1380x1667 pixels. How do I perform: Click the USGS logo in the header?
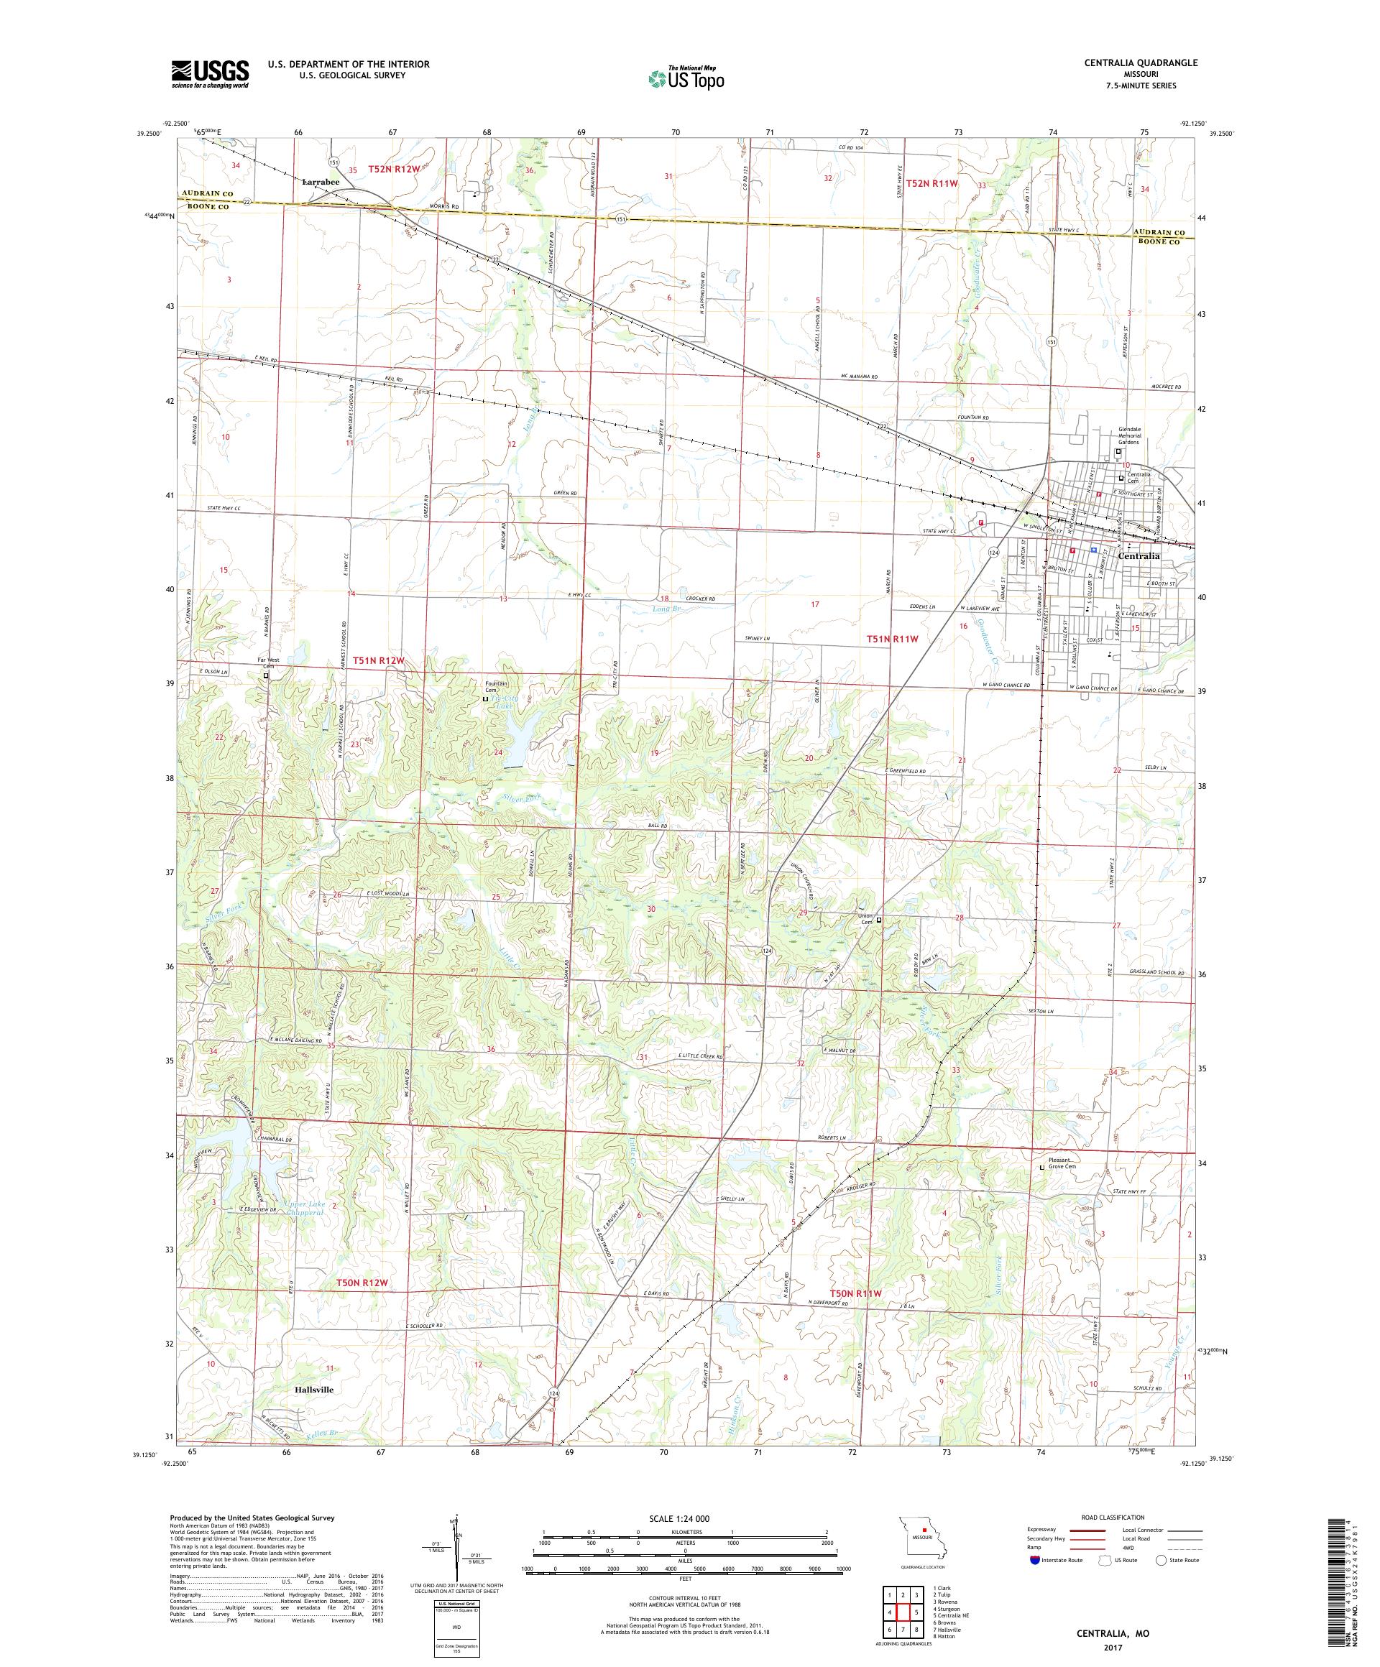pyautogui.click(x=211, y=74)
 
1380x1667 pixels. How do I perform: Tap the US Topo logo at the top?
pyautogui.click(x=687, y=78)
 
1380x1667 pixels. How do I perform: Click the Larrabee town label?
pyautogui.click(x=321, y=182)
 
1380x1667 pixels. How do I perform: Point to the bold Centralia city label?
pyautogui.click(x=1138, y=555)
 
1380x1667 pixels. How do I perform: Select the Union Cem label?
pyautogui.click(x=865, y=918)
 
